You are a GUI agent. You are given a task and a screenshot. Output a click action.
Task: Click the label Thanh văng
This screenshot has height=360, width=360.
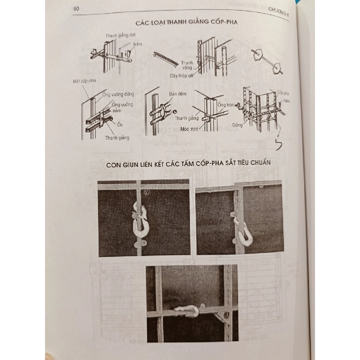click(x=188, y=65)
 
